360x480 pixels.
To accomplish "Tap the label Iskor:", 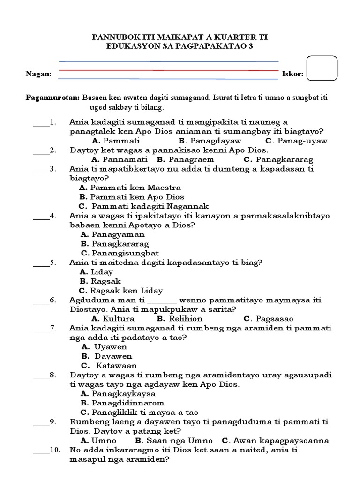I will [x=292, y=74].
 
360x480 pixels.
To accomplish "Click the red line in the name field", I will [x=168, y=70].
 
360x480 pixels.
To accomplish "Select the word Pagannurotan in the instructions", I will [x=52, y=98].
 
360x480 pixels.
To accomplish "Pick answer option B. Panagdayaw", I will [x=210, y=141].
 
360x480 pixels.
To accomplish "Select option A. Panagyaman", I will [x=112, y=234].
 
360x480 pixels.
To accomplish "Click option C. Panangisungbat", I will [x=120, y=253].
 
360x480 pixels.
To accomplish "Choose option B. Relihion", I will [x=186, y=319].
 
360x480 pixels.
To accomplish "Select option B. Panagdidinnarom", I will [x=122, y=403].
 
